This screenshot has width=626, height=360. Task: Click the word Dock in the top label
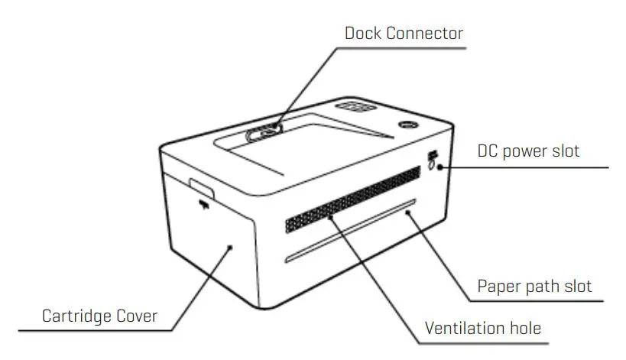tap(363, 33)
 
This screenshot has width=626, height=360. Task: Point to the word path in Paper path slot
tap(545, 287)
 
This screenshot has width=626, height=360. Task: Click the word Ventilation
tap(462, 329)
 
